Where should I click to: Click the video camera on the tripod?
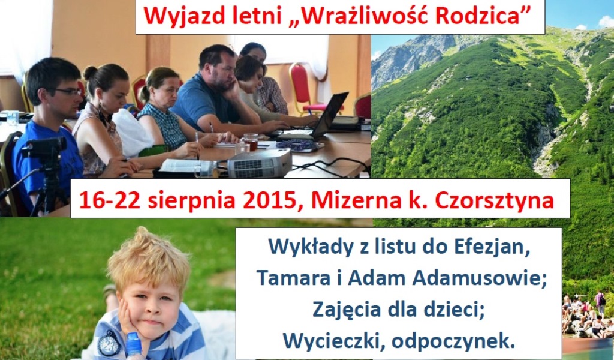pos(44,149)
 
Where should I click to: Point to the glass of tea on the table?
pos(251,142)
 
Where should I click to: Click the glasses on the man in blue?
pos(68,92)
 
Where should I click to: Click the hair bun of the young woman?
pos(90,72)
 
